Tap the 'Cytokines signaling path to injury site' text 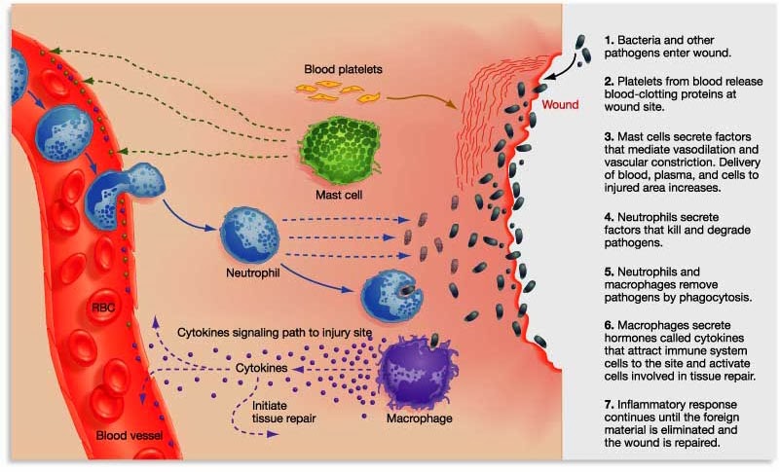(276, 333)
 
